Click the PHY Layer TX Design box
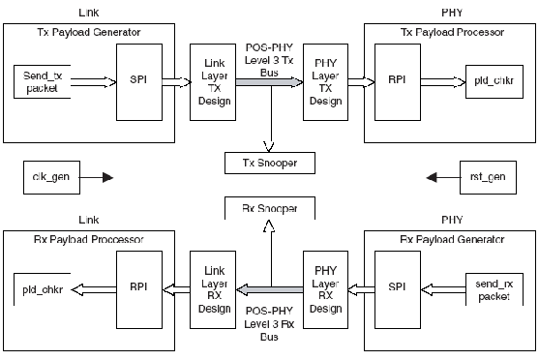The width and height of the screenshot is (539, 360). click(324, 81)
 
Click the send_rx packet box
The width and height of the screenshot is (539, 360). click(494, 286)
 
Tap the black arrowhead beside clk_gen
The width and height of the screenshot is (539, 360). click(107, 177)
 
